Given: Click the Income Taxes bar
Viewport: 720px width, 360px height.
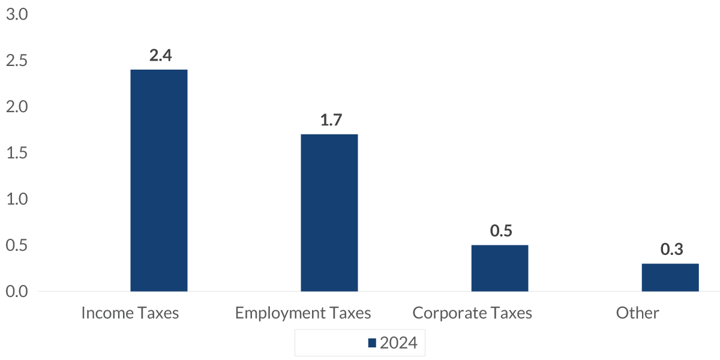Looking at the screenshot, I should pos(159,181).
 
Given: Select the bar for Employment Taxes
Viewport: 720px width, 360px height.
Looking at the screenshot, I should pos(329,213).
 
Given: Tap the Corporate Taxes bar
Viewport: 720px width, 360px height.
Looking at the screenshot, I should pos(500,268).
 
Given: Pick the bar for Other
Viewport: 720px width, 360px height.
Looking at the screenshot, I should pos(670,277).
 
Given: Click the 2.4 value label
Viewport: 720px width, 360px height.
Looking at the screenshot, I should pos(160,56).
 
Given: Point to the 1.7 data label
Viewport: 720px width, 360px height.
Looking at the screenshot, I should pos(331,120).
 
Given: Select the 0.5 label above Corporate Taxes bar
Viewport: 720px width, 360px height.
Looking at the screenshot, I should pos(500,231).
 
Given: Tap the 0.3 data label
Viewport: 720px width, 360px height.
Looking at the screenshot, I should pos(671,250).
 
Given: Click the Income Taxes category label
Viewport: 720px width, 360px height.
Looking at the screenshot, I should pos(130,313).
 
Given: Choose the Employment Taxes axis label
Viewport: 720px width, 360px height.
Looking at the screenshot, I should pos(303,313).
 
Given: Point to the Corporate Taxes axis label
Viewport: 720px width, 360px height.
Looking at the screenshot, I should pos(472,313).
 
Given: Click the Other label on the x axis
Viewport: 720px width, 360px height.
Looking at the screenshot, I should pos(637,313).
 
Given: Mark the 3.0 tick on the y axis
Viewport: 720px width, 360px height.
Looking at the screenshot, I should pos(17,15).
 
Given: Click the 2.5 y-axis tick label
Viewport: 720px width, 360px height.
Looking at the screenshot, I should pos(17,61).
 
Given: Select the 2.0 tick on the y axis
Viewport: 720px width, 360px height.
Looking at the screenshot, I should pos(17,107).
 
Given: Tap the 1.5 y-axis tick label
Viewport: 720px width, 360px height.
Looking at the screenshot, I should pos(17,154).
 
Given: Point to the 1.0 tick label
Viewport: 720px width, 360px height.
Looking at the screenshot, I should pos(17,199).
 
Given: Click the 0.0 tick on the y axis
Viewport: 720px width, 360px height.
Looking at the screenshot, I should pos(17,292).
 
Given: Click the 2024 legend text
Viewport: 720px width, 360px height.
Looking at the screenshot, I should pos(398,343).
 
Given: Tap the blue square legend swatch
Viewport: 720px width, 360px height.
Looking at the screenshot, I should pos(372,343).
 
